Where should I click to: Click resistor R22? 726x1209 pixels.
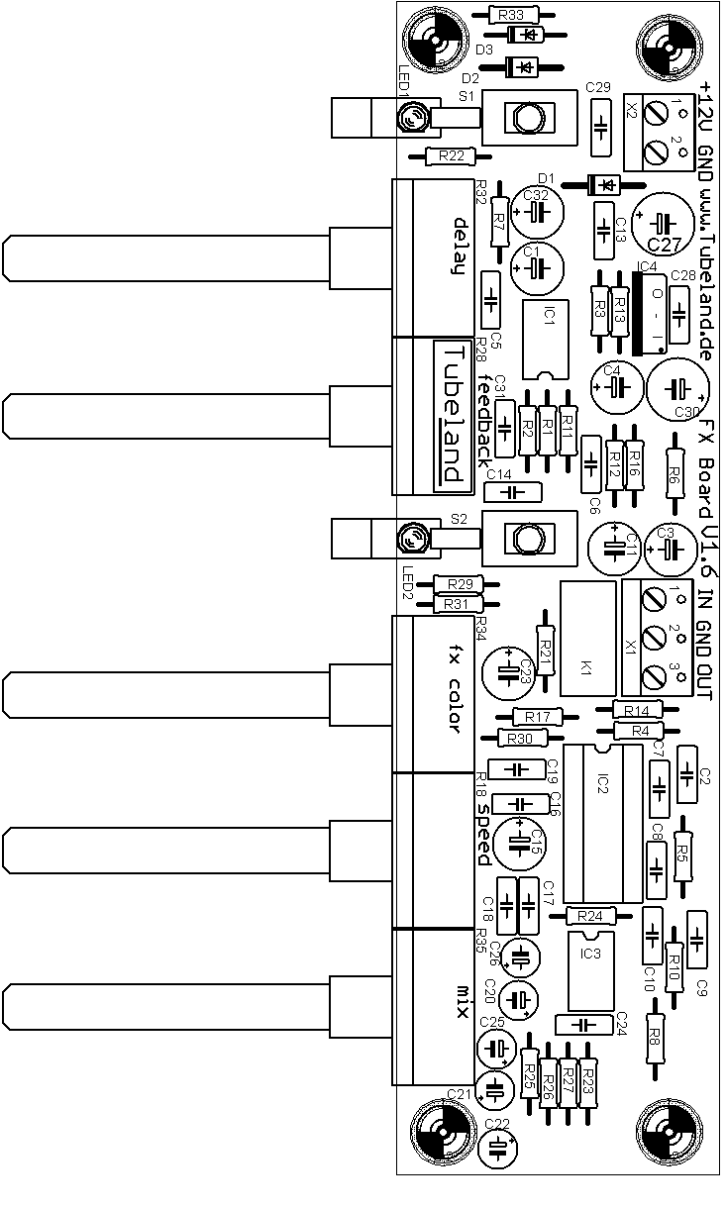tap(451, 156)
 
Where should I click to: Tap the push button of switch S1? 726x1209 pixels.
tap(526, 118)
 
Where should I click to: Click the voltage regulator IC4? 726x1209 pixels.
tap(650, 315)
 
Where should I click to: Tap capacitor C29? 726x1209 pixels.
tap(599, 128)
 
